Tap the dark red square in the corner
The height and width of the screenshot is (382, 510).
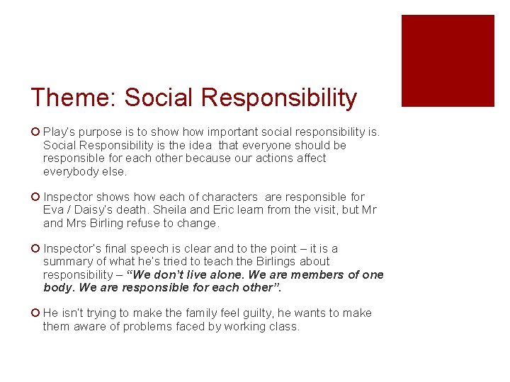tap(448, 61)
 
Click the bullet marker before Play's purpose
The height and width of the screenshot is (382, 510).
tap(35, 132)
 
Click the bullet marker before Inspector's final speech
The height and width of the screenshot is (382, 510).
tap(35, 248)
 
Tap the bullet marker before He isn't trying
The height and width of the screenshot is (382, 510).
tap(35, 313)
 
